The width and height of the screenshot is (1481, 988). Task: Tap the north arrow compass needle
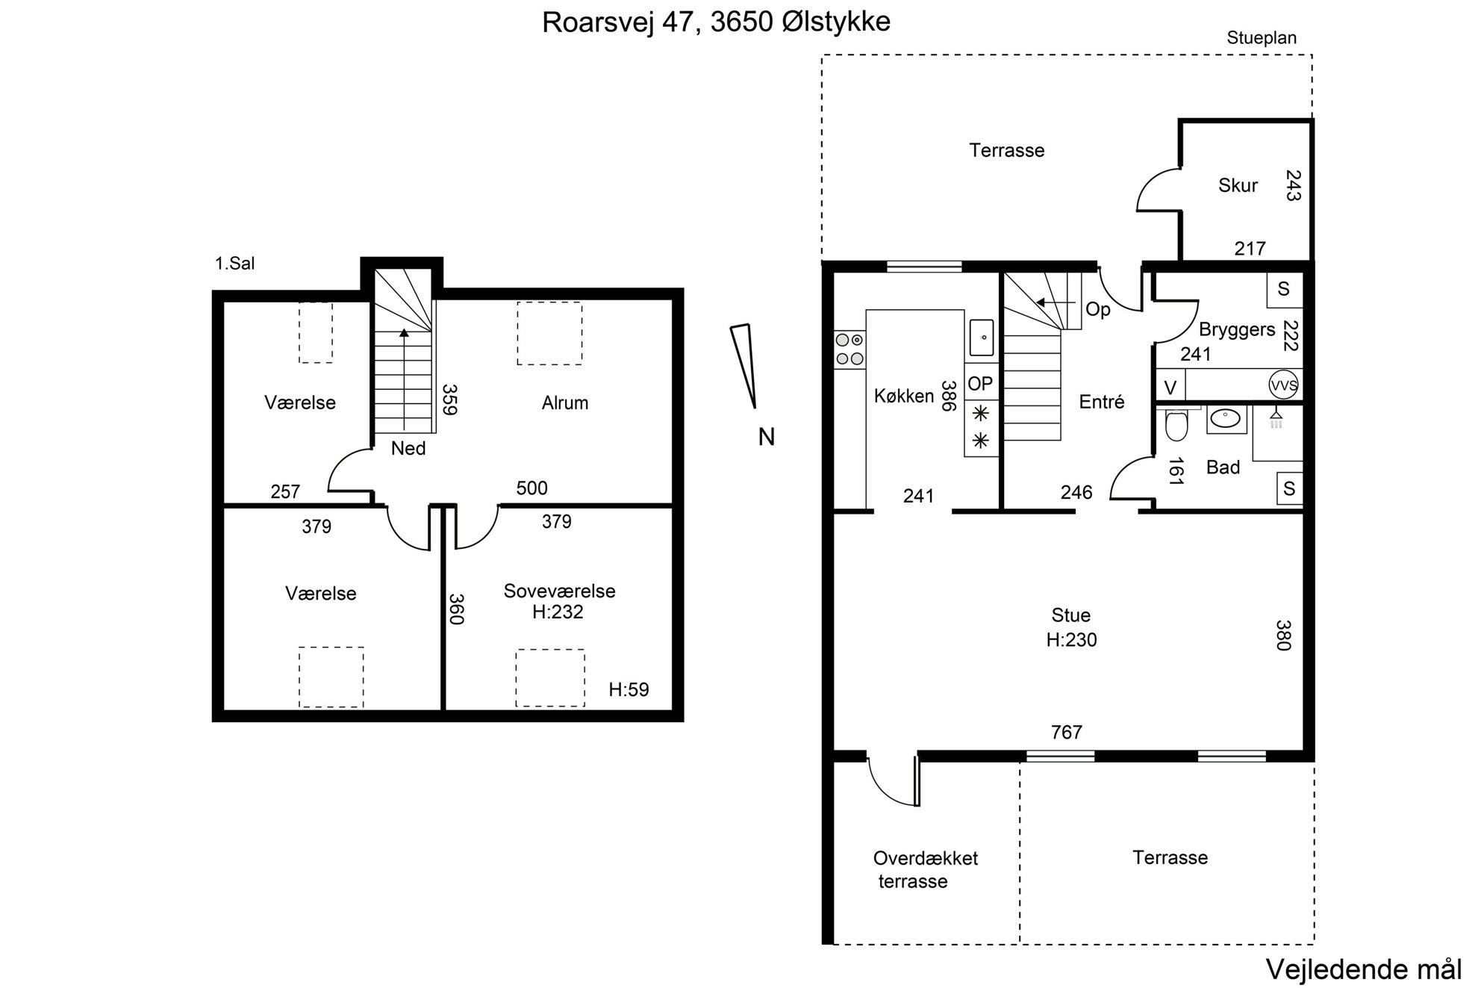tap(744, 366)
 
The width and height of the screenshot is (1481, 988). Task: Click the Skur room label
tap(1238, 185)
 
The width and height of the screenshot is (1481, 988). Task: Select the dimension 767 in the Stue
tap(1066, 733)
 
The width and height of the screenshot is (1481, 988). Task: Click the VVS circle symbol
tap(1283, 385)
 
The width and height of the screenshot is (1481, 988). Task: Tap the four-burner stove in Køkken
tap(849, 349)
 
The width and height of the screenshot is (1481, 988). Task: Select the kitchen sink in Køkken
tap(982, 338)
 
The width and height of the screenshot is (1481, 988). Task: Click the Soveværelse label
tap(559, 591)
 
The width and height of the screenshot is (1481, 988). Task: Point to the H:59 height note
tap(629, 689)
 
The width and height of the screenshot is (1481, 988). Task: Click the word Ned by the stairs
tap(408, 448)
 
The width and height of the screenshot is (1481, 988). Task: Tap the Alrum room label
tap(565, 403)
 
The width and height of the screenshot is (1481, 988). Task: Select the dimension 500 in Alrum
tap(531, 488)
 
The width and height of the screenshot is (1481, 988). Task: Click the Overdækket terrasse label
tap(926, 869)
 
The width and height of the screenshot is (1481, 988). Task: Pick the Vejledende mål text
tap(1364, 969)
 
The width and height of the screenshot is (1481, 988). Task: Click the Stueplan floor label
tap(1262, 38)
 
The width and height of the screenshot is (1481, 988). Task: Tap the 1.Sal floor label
tap(235, 263)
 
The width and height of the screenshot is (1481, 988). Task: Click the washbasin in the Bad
tap(1226, 419)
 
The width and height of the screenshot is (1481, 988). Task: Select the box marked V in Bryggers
tap(1170, 388)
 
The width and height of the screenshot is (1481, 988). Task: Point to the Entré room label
tap(1102, 402)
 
